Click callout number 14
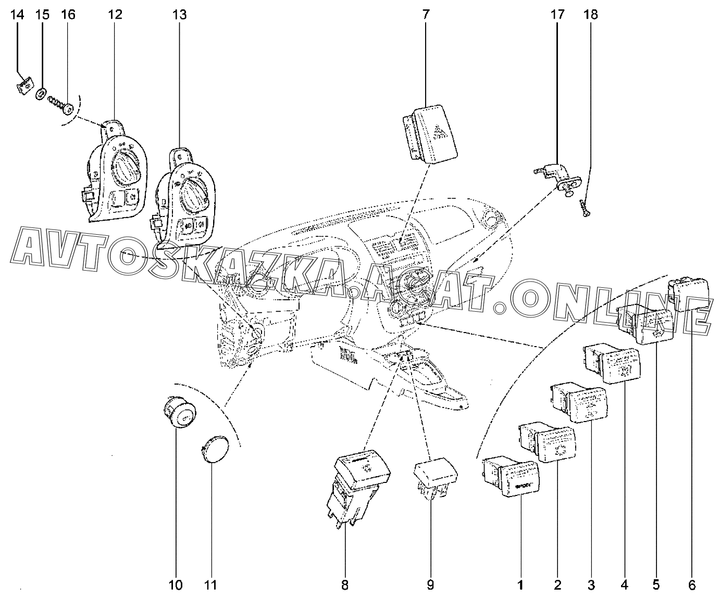pyautogui.click(x=17, y=15)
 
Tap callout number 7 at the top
pyautogui.click(x=426, y=15)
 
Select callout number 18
pyautogui.click(x=590, y=15)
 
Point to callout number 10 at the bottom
pyautogui.click(x=176, y=585)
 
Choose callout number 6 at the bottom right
pyautogui.click(x=692, y=585)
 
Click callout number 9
pyautogui.click(x=430, y=585)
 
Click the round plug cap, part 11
pyautogui.click(x=215, y=449)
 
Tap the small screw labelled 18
pyautogui.click(x=585, y=209)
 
